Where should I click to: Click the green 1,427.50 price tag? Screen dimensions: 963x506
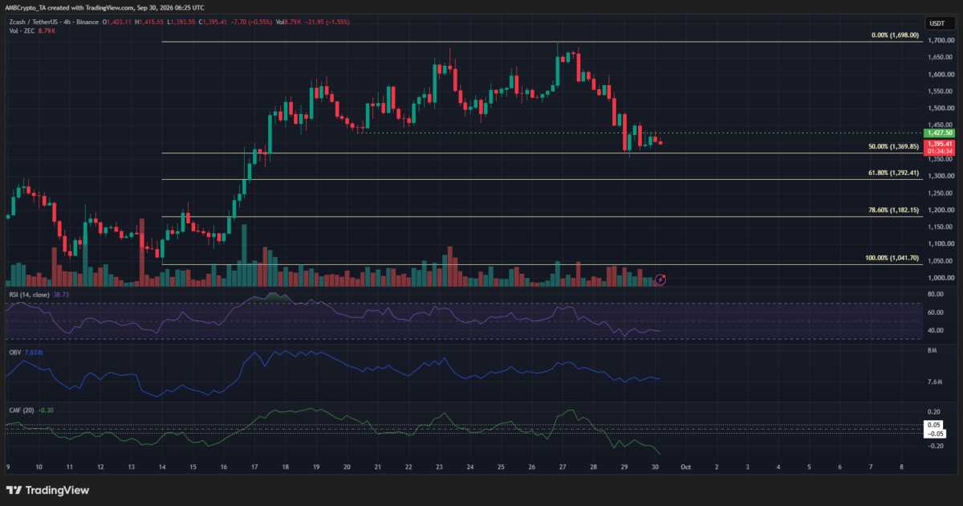(x=940, y=133)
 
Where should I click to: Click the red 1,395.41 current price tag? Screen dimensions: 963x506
(x=940, y=148)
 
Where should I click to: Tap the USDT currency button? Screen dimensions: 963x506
(x=937, y=23)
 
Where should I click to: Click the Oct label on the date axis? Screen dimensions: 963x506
(x=685, y=467)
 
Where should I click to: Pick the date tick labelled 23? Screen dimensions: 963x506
(x=439, y=467)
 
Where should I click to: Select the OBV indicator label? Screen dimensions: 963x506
(x=15, y=353)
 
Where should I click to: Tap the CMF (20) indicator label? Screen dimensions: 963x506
(x=22, y=410)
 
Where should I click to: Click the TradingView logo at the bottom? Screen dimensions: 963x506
(x=47, y=490)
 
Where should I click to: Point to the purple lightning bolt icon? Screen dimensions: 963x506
(x=660, y=280)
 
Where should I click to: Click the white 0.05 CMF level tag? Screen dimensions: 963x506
(x=934, y=425)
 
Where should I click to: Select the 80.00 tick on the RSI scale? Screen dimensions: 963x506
(x=936, y=294)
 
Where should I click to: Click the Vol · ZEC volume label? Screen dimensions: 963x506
(x=22, y=31)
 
